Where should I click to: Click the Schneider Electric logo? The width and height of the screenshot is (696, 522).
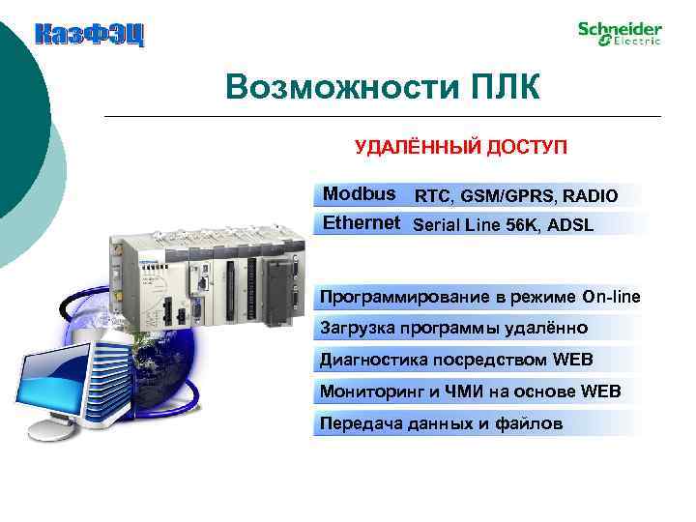coord(620,33)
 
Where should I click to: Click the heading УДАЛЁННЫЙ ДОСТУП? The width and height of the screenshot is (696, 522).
coord(461,147)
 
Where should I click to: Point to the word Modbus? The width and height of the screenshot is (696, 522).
coord(359,194)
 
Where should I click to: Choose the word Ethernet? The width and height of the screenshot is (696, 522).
coord(361,224)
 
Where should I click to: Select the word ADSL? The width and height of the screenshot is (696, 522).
coord(573,225)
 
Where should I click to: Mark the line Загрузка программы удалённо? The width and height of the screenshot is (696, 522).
coord(453,329)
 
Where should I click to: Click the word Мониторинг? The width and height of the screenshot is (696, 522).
coord(365,391)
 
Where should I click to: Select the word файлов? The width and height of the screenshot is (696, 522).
coord(528,423)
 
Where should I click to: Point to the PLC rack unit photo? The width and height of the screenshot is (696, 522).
coord(208,280)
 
